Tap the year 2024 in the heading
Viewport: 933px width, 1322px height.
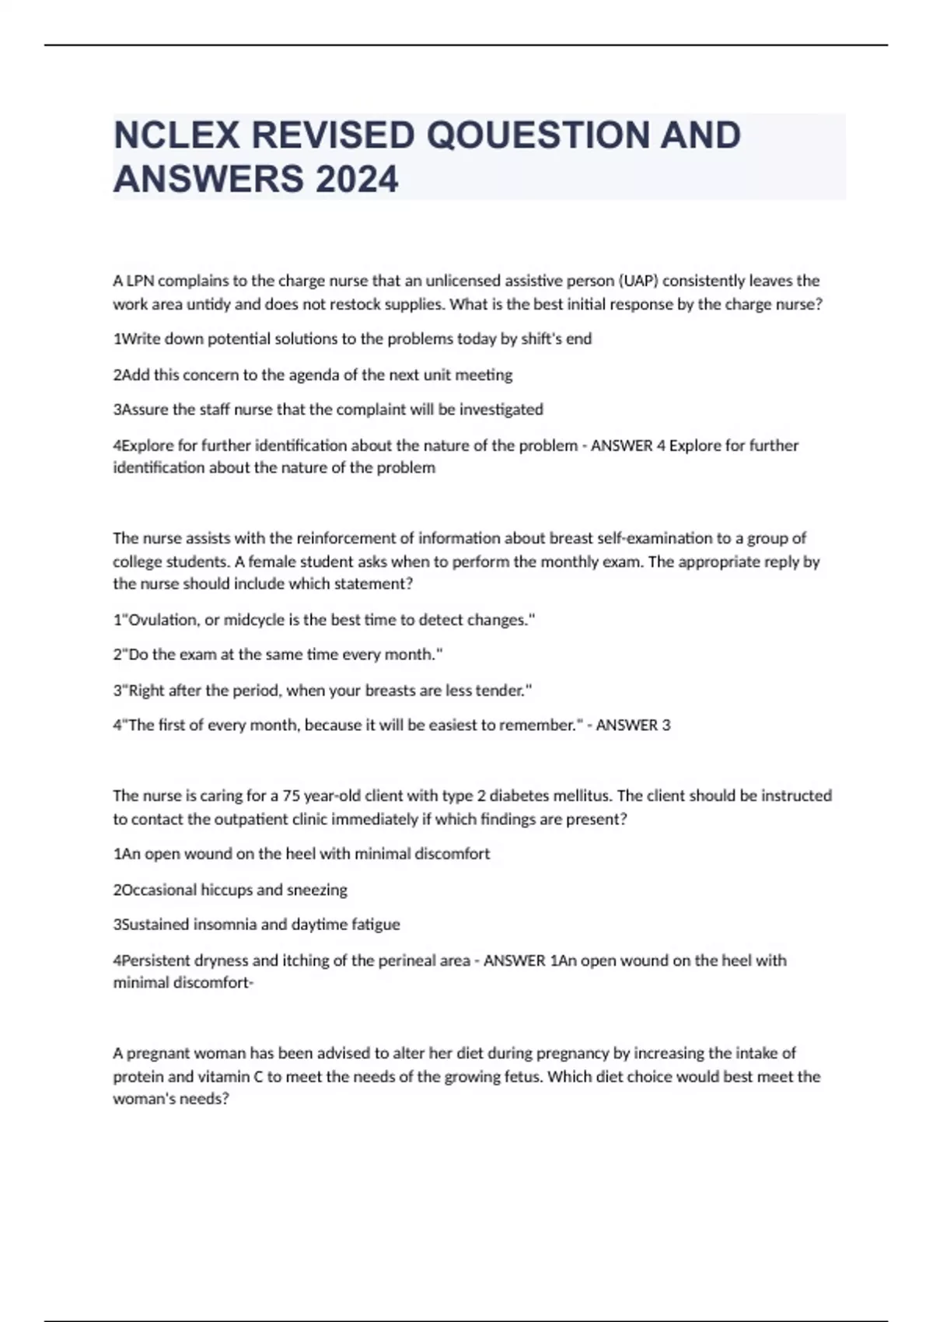click(357, 180)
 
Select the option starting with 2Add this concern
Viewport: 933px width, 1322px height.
click(313, 375)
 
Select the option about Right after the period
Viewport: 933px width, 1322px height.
click(323, 690)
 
